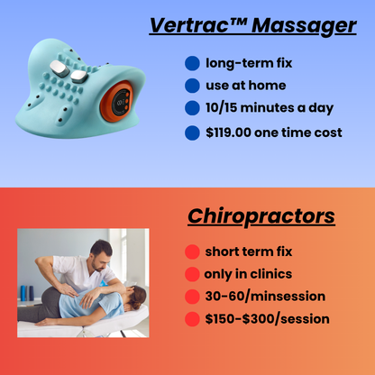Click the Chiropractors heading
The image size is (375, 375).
pos(261,216)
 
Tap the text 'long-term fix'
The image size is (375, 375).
pos(248,63)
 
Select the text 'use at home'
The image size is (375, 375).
pos(245,86)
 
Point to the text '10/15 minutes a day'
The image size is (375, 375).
pos(269,108)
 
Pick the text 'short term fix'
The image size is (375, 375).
pos(249,252)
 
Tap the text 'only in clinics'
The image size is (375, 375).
pos(248,274)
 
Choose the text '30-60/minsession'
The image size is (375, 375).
pos(264,296)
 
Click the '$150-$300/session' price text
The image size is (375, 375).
pos(267,318)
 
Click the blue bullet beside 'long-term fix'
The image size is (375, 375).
pos(191,64)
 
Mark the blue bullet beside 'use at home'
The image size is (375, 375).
pos(191,87)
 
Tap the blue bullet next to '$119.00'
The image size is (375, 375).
pos(191,133)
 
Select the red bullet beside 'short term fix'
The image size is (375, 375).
pos(191,252)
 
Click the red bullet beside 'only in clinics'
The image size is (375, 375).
pos(191,274)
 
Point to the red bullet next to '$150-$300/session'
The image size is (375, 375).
pos(191,319)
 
